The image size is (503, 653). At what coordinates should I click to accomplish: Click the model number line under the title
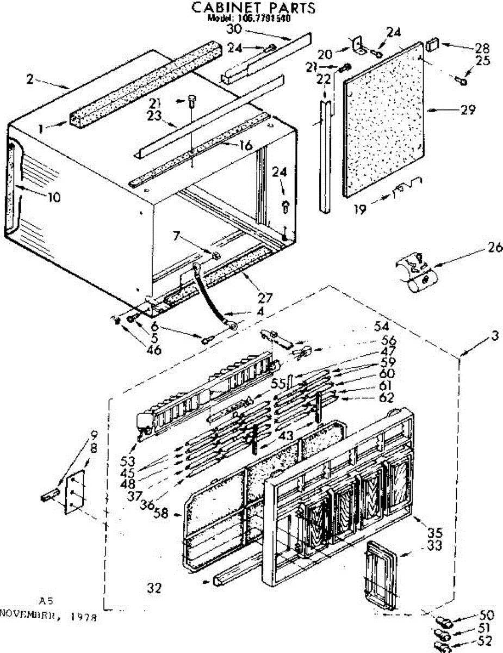[249, 17]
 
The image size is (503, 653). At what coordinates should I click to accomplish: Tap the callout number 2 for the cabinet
[30, 79]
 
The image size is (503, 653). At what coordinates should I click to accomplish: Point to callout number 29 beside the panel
[467, 109]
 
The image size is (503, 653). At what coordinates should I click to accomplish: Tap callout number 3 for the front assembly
[494, 336]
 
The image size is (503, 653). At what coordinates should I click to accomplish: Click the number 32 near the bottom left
[155, 587]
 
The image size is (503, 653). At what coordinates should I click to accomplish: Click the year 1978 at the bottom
[84, 618]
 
